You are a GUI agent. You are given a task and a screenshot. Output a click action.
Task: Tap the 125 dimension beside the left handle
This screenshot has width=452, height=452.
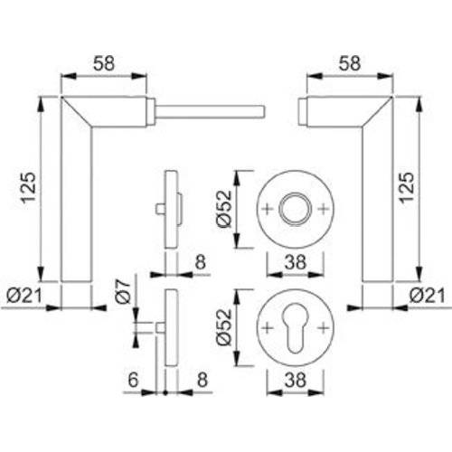[x=30, y=188]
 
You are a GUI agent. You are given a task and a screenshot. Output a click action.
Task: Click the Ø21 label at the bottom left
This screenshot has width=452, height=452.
[x=27, y=295]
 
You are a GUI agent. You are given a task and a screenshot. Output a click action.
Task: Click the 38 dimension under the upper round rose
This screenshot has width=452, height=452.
[x=294, y=265]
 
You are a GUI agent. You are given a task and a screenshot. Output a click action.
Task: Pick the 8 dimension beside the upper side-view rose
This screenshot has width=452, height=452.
[x=201, y=263]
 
